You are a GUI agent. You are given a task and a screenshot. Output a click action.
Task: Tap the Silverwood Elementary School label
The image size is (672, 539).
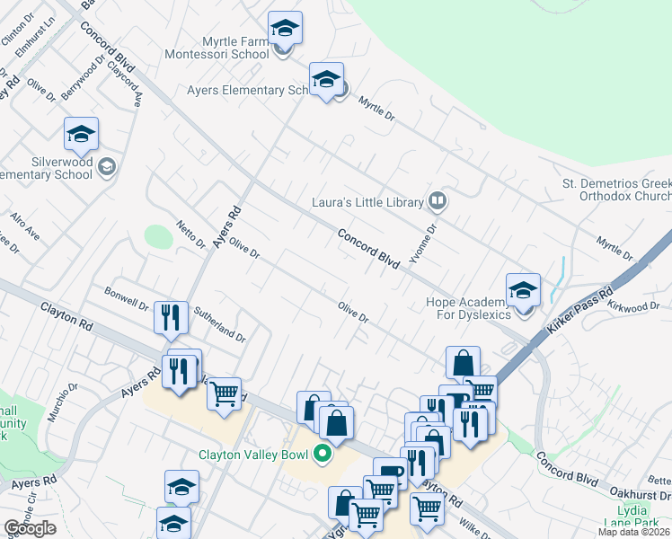click(47, 168)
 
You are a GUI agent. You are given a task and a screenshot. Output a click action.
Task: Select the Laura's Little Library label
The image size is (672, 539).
click(367, 202)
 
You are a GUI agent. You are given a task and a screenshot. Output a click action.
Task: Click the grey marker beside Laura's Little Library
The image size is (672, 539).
click(438, 201)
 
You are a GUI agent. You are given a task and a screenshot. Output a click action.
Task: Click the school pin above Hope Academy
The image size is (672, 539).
click(523, 289)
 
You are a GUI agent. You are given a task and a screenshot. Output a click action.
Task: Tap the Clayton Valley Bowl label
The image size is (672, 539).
click(253, 455)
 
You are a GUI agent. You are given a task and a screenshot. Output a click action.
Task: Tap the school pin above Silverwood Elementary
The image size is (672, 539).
click(81, 135)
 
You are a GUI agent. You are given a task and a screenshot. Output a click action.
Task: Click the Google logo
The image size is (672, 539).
click(30, 528)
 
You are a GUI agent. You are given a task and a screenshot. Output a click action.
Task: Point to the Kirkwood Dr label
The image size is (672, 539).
click(639, 307)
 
